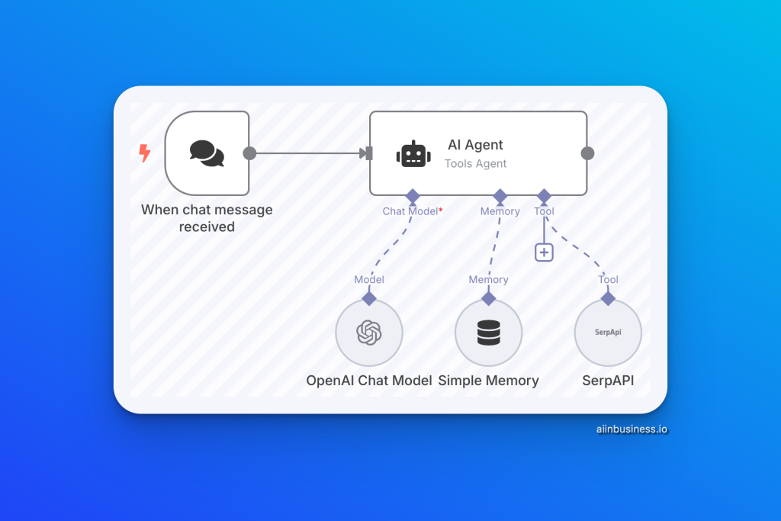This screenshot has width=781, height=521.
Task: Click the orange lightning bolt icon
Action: [144, 153]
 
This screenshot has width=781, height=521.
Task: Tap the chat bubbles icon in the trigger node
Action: [207, 153]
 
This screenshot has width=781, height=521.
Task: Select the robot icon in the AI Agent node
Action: [413, 153]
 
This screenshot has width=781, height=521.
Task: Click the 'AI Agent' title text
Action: [475, 145]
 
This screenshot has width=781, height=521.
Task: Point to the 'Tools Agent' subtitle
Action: [475, 163]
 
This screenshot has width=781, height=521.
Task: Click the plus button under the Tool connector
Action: [544, 252]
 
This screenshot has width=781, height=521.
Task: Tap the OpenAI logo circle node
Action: [369, 333]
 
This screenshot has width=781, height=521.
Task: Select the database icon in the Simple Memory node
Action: [488, 333]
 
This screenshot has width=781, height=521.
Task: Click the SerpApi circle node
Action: [608, 333]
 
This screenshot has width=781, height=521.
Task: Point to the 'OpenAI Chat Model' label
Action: [369, 381]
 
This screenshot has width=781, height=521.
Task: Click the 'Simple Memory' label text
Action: [488, 381]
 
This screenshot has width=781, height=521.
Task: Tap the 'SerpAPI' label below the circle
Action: [608, 381]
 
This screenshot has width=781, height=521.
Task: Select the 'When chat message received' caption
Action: [207, 218]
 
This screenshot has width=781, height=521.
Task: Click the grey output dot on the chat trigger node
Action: [249, 153]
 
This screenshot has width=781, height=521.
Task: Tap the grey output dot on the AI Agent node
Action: [587, 153]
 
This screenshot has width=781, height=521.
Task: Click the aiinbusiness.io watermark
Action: [632, 429]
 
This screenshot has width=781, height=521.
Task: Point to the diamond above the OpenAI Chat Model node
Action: [369, 298]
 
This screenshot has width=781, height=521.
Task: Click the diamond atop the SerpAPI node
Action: [608, 298]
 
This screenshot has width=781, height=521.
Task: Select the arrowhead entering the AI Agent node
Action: [365, 153]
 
